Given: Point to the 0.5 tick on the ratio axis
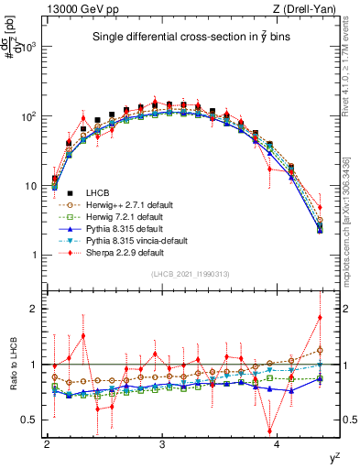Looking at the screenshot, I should click(x=34, y=420).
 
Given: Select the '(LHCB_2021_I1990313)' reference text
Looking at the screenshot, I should click(x=190, y=275).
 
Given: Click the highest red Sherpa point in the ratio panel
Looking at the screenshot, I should click(x=320, y=318).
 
